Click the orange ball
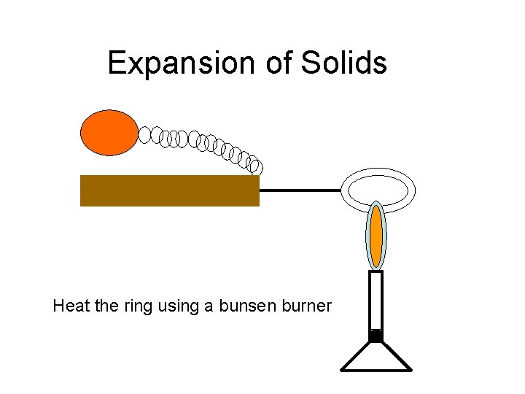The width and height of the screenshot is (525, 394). pos(109,132)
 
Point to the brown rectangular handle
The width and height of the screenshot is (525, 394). pos(169,190)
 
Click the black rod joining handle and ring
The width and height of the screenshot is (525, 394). pos(300,190)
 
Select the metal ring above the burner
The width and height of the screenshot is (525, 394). pos(378,175)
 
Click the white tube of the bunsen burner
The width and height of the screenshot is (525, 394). pos(376,300)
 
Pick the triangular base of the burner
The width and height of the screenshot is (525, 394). pos(376,358)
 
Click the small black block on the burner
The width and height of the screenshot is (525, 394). pos(376,336)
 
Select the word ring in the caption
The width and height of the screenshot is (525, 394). pos(136,306)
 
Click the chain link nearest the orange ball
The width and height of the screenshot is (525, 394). pos(144,134)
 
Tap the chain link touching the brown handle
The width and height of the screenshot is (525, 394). pos(254,166)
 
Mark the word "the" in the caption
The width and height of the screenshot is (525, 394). pos(105,306)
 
